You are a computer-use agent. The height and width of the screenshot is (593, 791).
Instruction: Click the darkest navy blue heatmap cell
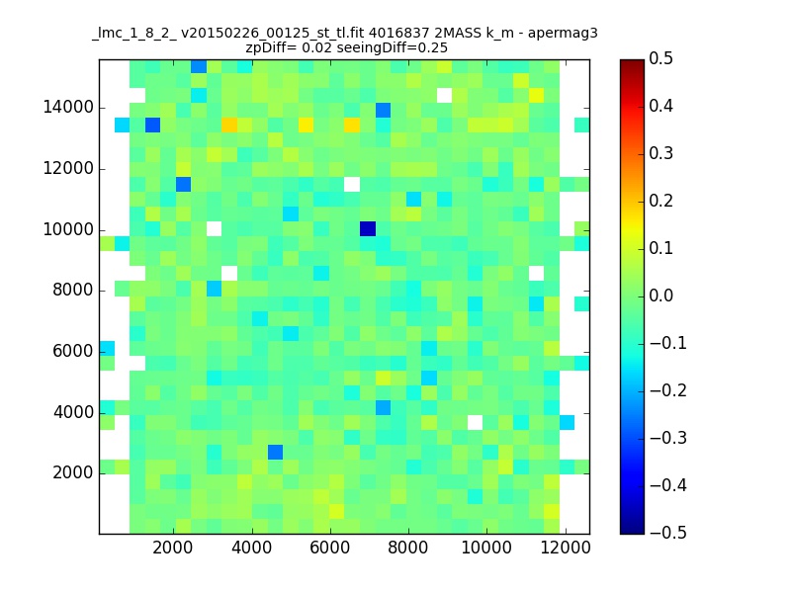tap(368, 228)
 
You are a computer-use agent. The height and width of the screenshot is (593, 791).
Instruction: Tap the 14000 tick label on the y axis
tap(68, 108)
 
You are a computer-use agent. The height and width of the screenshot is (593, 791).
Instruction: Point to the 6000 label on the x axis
tap(330, 548)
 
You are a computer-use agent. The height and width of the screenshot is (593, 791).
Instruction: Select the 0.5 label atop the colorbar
tap(660, 58)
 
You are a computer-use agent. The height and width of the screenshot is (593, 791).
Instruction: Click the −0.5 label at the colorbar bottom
tap(668, 533)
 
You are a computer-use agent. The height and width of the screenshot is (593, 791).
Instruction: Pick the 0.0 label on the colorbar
tap(660, 296)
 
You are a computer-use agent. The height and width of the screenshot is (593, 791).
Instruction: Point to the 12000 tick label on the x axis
tap(566, 548)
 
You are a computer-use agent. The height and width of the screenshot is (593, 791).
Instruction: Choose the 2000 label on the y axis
tap(73, 473)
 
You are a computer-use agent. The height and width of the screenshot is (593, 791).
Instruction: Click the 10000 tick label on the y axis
tap(68, 230)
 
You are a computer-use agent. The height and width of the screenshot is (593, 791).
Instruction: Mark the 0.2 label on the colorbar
tap(660, 201)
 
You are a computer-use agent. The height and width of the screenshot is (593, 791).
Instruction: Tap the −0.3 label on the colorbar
tap(668, 438)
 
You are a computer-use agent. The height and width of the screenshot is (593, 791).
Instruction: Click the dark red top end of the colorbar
tap(633, 62)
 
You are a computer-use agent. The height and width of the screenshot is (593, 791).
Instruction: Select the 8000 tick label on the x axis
tap(408, 548)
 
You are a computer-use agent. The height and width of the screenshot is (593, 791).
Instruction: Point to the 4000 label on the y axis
tap(73, 412)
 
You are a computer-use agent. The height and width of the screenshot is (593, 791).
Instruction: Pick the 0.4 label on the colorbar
tap(660, 106)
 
